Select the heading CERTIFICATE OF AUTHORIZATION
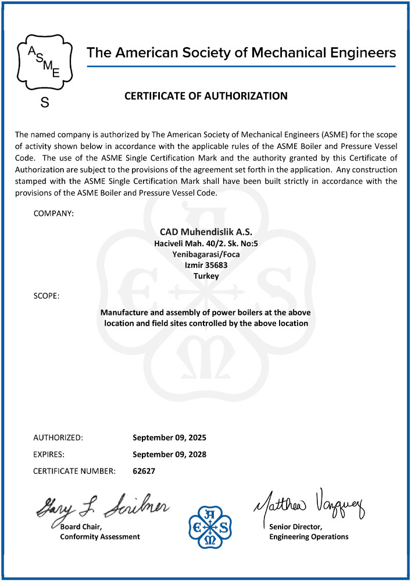tap(206, 96)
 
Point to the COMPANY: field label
tap(53, 214)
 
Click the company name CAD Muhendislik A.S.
tap(205, 232)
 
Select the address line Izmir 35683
tap(205, 265)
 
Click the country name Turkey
tap(205, 276)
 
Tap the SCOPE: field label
tap(47, 296)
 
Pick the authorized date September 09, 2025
tap(169, 436)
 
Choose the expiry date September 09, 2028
tap(169, 453)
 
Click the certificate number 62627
tap(144, 470)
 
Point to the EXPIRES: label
tap(48, 453)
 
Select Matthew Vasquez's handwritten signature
tap(308, 504)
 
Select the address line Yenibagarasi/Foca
tap(205, 254)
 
